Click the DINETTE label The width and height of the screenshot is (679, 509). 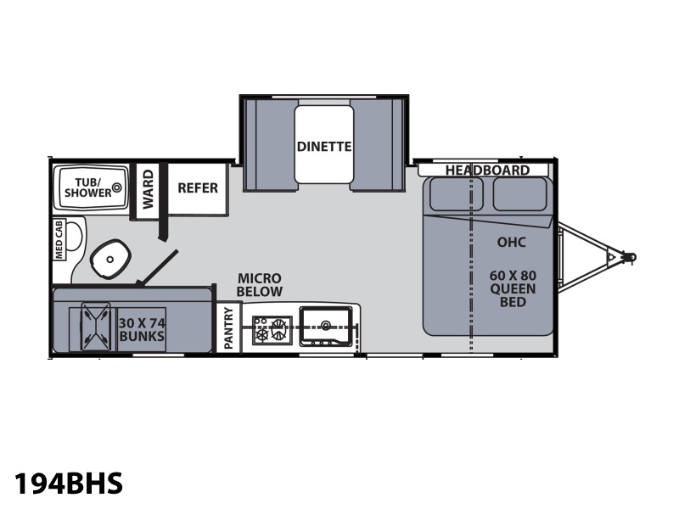point(324,147)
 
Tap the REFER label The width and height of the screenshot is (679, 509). point(198,188)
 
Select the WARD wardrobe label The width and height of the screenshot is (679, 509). point(148,189)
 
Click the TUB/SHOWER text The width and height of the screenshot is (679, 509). point(88,187)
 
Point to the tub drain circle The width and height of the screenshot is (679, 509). point(116,187)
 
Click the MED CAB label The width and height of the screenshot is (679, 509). point(59,239)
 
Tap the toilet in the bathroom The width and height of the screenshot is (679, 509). point(110,259)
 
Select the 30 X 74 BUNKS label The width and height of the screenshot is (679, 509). point(142,330)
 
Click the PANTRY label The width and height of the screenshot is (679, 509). point(228,328)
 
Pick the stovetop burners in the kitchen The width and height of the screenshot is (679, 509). point(272,330)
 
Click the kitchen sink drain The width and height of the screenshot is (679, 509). point(325,325)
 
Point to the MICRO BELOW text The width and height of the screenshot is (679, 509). point(260,284)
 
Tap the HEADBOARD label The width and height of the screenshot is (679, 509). point(487,171)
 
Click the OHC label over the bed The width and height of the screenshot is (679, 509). point(512,242)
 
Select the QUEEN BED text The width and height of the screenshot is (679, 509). point(513,295)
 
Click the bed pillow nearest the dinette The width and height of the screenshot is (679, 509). point(456,194)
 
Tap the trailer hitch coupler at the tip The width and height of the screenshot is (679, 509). point(631,257)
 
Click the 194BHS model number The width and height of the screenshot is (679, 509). point(69,483)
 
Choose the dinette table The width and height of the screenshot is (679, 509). point(324,144)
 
